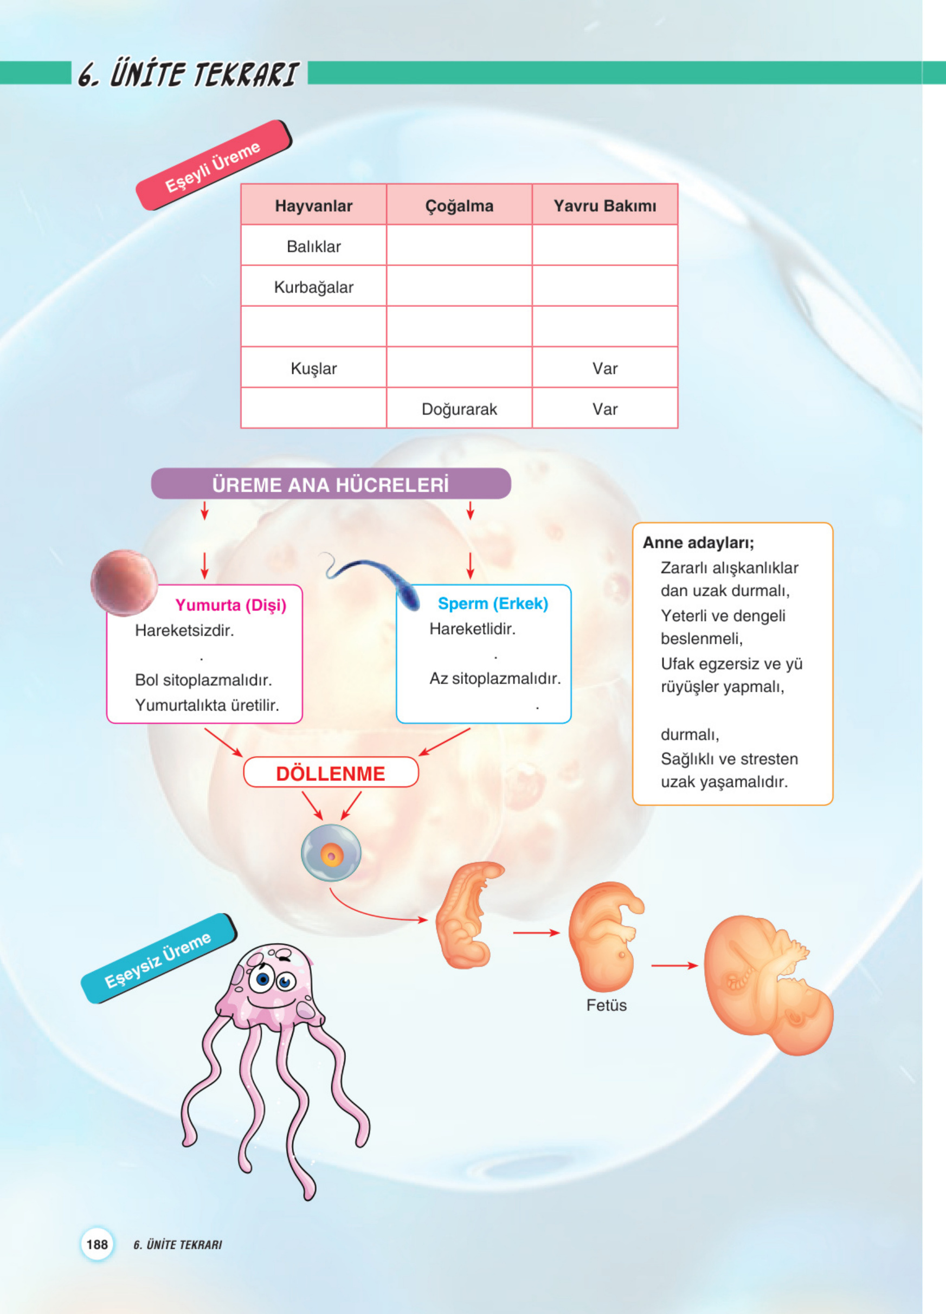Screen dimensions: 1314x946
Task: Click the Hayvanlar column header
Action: tap(313, 205)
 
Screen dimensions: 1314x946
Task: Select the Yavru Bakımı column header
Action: tap(604, 205)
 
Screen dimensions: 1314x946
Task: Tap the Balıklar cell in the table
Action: tap(313, 246)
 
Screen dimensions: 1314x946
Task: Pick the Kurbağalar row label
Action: tap(313, 287)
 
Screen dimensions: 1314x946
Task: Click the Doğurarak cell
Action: tap(459, 409)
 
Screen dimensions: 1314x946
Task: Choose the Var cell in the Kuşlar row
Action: tap(604, 369)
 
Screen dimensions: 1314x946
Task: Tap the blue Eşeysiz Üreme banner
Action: tap(158, 959)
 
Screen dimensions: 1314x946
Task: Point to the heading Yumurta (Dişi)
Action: tap(230, 605)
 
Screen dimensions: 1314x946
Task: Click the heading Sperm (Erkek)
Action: tap(492, 603)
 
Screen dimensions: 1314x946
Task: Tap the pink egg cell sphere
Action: tap(124, 582)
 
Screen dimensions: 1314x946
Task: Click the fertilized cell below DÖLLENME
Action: tap(331, 853)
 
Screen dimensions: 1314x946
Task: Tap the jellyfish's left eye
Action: tap(264, 979)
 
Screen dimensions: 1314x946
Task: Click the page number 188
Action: tap(96, 1245)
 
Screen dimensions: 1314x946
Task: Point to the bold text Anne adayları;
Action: tap(698, 543)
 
